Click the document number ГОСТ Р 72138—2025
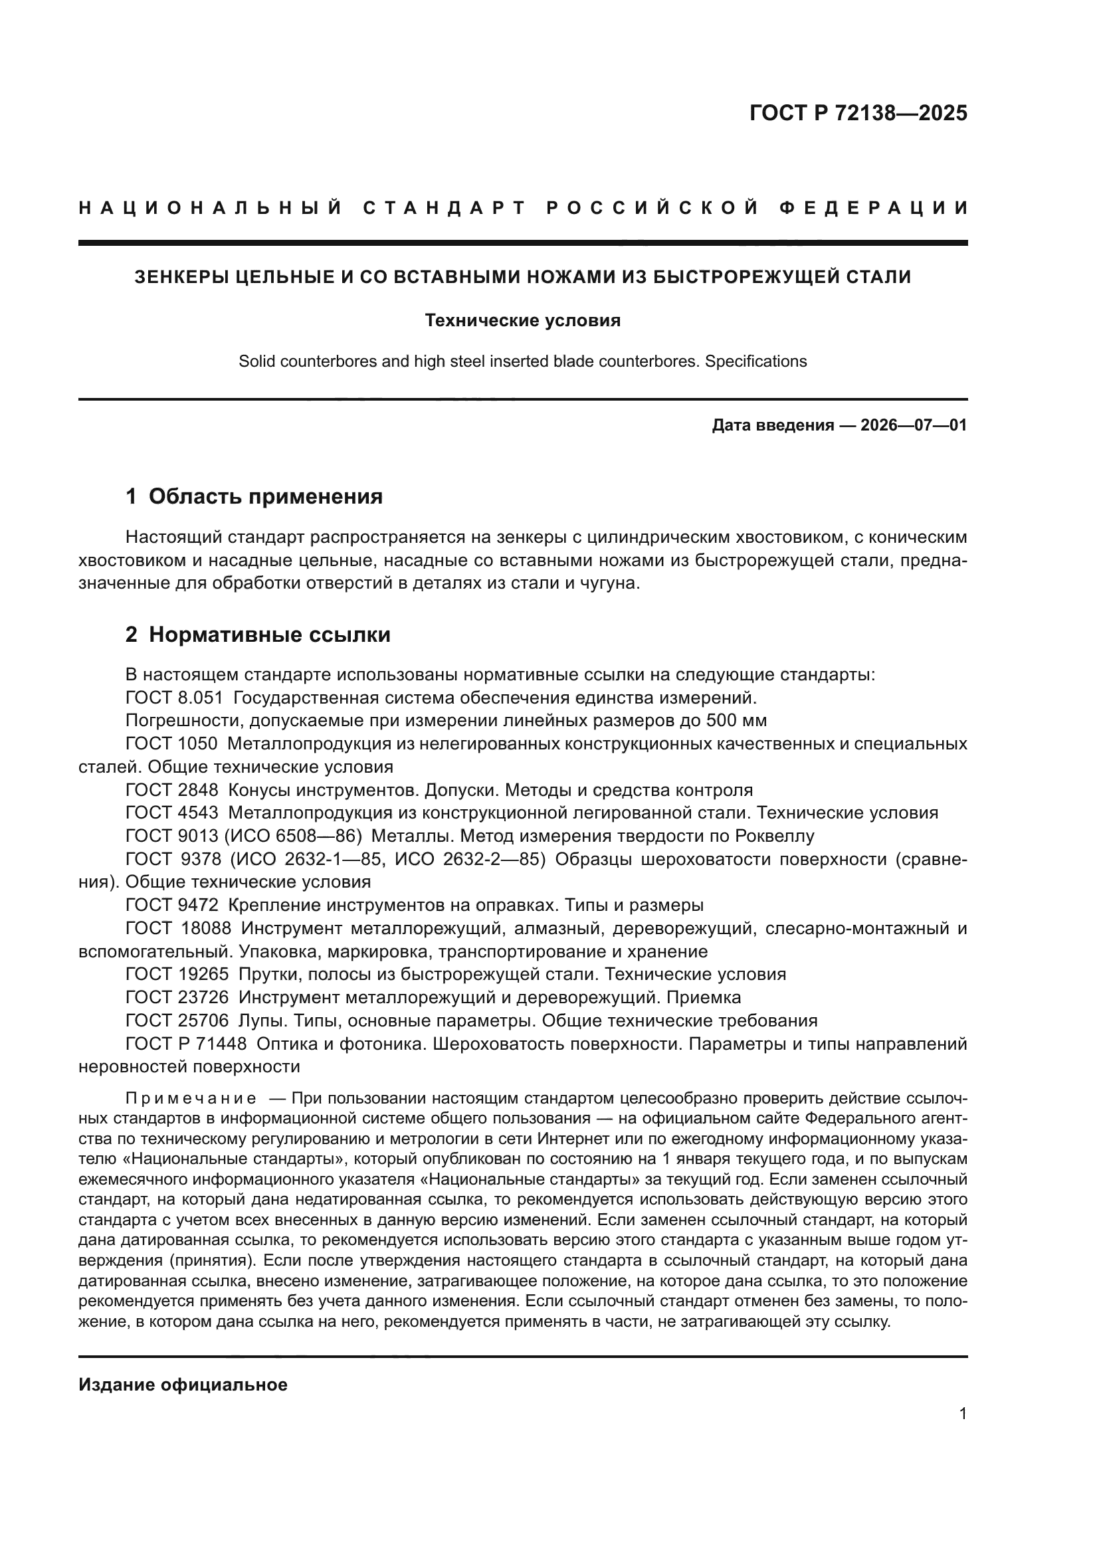[x=858, y=113]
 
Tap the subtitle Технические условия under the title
[x=522, y=320]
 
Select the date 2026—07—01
[x=913, y=425]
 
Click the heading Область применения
[x=265, y=497]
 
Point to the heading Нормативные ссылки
[x=269, y=635]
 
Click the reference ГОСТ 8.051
[x=174, y=697]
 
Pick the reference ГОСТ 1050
[x=171, y=744]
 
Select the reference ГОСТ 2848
[x=172, y=790]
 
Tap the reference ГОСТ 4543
[x=172, y=813]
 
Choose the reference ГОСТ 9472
[x=172, y=905]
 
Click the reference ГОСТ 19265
[x=177, y=975]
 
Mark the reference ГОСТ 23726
[x=177, y=998]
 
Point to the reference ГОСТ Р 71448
[x=186, y=1044]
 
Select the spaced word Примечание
[x=191, y=1098]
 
